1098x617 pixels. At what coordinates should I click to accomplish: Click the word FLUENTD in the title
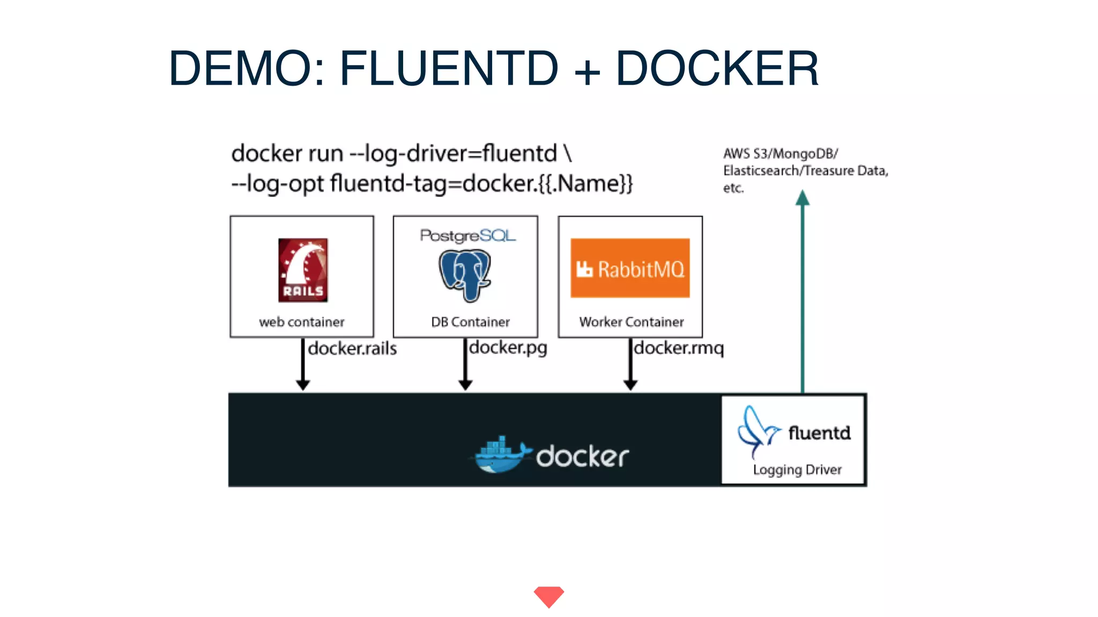(x=449, y=68)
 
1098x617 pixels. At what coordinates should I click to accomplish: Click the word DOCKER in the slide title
(x=717, y=68)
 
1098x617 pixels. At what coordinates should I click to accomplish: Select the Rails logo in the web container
(x=303, y=270)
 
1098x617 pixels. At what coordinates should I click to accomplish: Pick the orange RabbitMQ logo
(x=630, y=268)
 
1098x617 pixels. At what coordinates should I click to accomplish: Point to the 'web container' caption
(x=302, y=322)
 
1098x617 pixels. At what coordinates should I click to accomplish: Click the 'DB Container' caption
(x=470, y=322)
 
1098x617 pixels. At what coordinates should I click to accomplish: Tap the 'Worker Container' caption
(x=631, y=322)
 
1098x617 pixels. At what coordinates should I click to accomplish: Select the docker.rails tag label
(x=352, y=349)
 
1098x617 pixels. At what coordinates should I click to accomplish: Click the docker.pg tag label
(x=508, y=348)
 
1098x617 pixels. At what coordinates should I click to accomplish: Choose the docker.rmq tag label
(x=679, y=348)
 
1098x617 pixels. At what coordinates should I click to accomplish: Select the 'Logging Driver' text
(x=797, y=470)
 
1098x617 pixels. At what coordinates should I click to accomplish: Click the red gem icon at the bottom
(x=548, y=596)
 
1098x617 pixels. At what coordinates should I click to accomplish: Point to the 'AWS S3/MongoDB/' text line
(x=780, y=154)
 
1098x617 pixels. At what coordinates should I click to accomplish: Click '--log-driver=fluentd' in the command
(x=453, y=154)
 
